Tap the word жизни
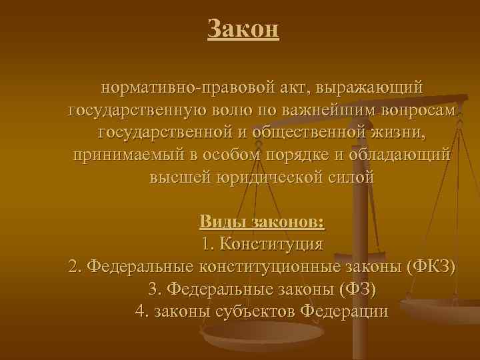pos(398,133)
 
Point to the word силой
pos(353,178)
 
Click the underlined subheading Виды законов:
pos(262,221)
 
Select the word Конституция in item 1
pos(273,243)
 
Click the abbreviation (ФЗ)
pos(357,289)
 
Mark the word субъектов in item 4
pos(257,311)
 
